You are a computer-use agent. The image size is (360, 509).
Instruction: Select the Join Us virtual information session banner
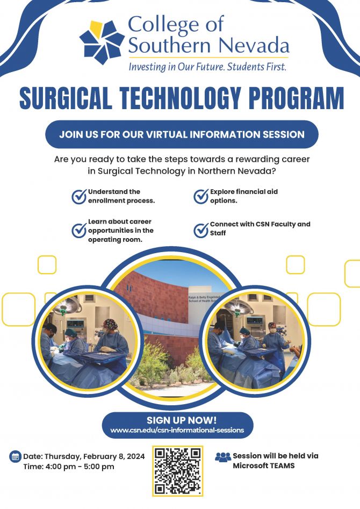[182, 134]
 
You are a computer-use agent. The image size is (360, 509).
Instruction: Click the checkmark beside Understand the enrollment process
[79, 197]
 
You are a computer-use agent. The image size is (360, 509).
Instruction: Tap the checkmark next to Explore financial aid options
[201, 197]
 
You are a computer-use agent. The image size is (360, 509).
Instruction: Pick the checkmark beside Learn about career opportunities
[79, 231]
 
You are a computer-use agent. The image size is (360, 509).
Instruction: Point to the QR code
[178, 471]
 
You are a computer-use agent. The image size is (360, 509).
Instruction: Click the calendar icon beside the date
[15, 457]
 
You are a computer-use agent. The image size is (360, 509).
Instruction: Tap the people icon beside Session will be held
[222, 457]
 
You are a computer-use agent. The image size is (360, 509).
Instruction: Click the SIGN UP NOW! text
[178, 420]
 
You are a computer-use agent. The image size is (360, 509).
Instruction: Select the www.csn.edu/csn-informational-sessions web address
[177, 430]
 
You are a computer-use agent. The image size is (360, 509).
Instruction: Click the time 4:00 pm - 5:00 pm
[68, 467]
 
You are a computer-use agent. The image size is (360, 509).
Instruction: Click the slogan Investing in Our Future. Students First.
[207, 67]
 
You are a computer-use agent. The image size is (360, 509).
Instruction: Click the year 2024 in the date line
[135, 456]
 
